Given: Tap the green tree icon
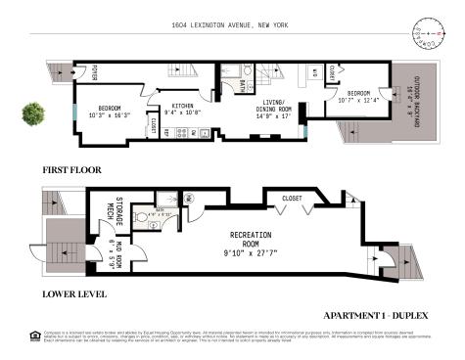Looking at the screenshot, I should pyautogui.click(x=32, y=113).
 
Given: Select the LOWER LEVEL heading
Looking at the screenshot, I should pyautogui.click(x=73, y=293).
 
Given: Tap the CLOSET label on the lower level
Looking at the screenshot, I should pyautogui.click(x=291, y=197).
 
